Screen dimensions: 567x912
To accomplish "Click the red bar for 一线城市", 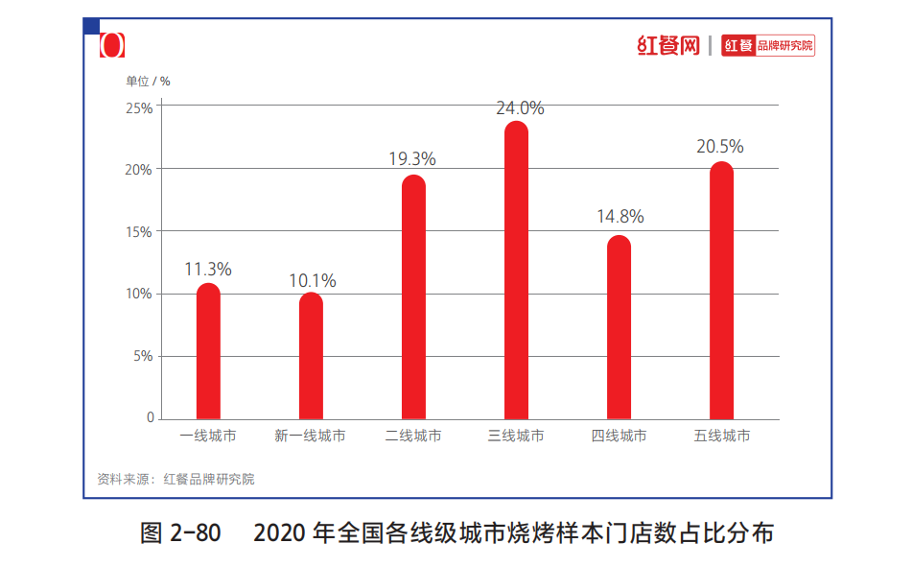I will (x=208, y=352).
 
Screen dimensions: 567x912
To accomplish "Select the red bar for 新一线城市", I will (x=311, y=357).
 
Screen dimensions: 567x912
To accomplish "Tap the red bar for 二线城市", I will (x=413, y=297).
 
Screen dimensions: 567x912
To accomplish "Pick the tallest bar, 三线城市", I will (x=516, y=271).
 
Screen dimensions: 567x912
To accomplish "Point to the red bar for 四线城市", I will (x=619, y=328).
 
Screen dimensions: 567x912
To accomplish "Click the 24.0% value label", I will (x=520, y=108).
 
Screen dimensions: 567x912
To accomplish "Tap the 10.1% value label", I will (x=313, y=281).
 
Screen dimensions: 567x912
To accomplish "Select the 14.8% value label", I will (x=620, y=217).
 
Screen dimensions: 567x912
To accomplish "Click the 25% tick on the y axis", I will (x=139, y=107).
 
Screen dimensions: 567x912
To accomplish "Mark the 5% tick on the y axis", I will (x=142, y=356).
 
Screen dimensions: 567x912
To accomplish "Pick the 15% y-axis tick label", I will (x=139, y=231).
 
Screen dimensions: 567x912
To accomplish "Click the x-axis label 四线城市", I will (x=619, y=437).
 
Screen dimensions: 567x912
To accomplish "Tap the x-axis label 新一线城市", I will (x=310, y=437).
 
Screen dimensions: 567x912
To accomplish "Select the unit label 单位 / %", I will (x=148, y=81).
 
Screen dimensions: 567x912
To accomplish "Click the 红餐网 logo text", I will (x=668, y=45).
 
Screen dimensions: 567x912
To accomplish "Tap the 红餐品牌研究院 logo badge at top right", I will (x=768, y=46).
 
